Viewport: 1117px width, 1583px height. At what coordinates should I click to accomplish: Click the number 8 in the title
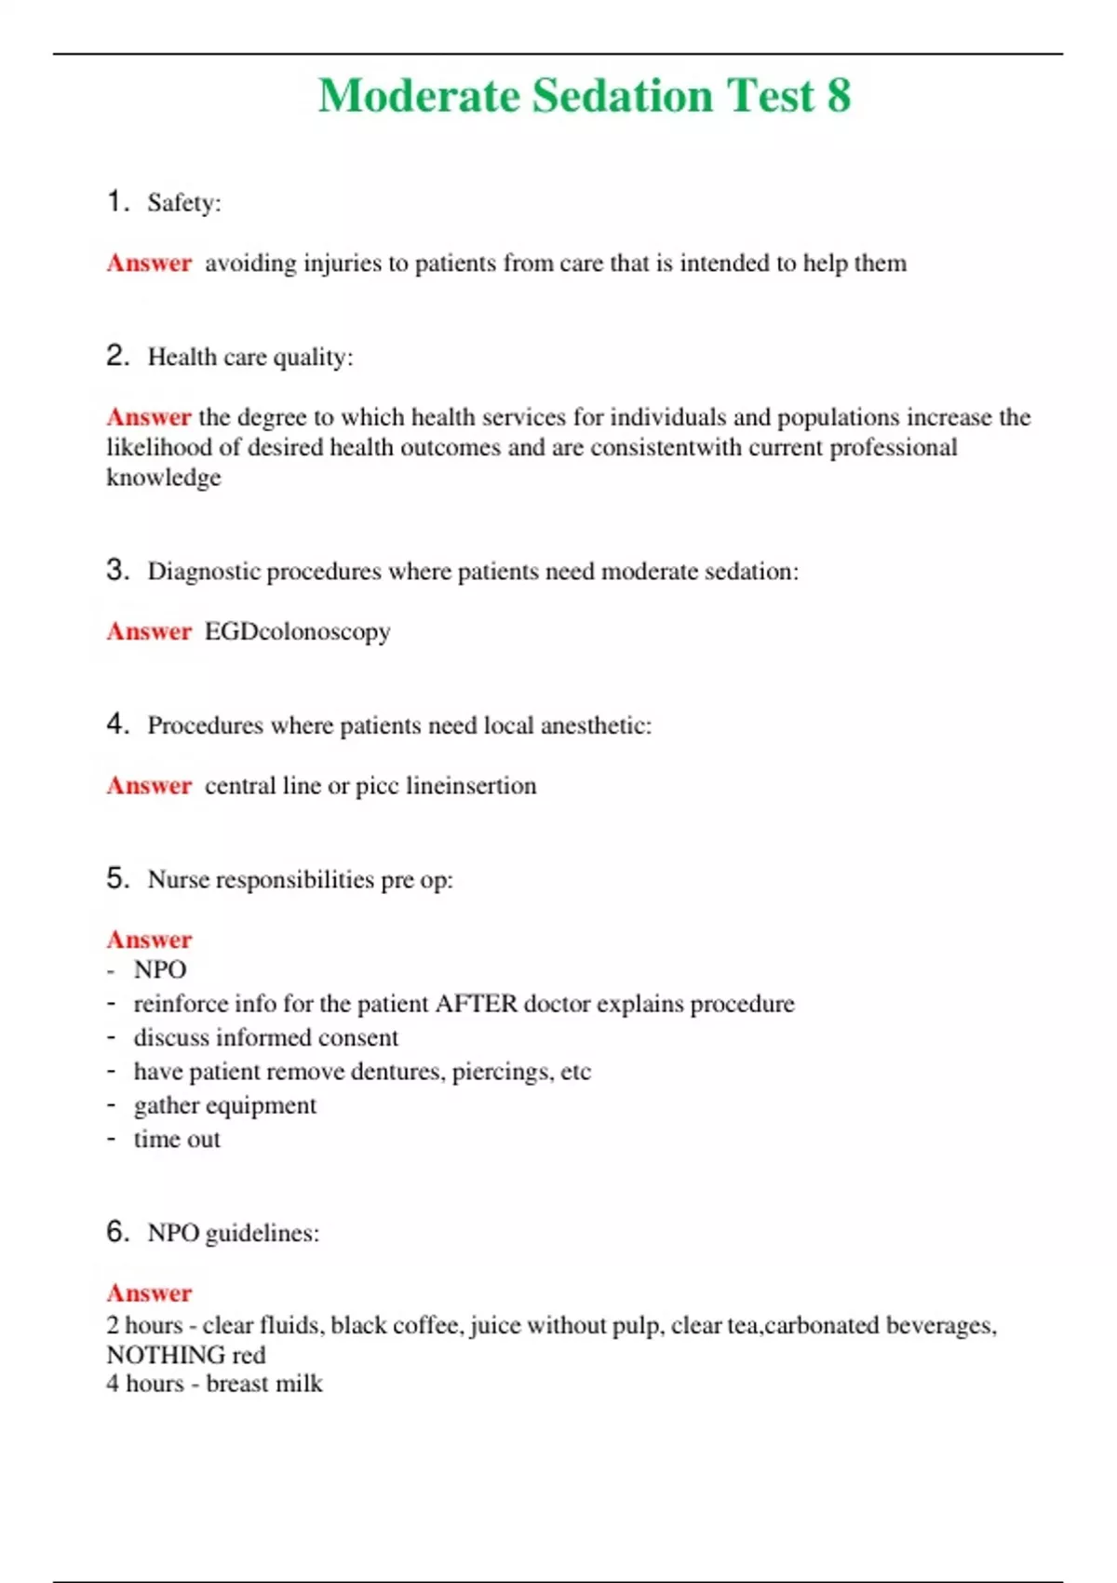click(x=838, y=96)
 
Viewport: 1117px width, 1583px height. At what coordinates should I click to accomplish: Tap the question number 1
click(x=115, y=201)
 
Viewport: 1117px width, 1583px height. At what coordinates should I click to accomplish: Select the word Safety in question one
click(x=183, y=203)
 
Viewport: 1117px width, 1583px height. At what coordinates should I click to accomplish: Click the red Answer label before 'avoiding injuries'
click(x=149, y=264)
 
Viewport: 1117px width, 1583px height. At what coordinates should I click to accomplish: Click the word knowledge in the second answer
click(x=164, y=478)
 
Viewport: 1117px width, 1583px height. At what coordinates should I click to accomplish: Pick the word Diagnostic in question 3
click(x=204, y=571)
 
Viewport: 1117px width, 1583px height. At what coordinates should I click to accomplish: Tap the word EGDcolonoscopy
click(x=297, y=632)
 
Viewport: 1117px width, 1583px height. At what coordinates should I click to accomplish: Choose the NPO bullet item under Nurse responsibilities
click(x=160, y=970)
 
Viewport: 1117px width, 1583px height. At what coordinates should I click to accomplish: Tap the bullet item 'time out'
click(x=177, y=1140)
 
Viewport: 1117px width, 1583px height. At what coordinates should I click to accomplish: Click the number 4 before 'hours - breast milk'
click(x=113, y=1384)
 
